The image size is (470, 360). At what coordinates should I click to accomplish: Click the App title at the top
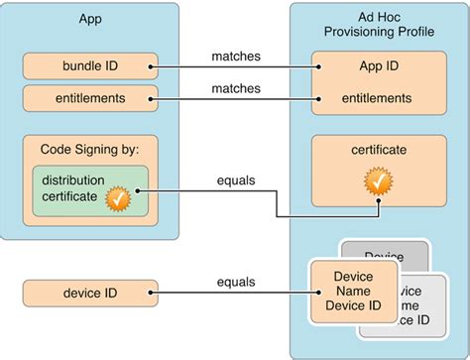90,20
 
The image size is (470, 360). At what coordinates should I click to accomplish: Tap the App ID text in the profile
378,68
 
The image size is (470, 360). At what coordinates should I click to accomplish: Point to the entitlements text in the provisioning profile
378,98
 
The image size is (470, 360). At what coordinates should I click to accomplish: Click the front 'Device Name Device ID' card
355,292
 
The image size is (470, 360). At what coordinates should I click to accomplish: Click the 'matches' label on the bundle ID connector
236,58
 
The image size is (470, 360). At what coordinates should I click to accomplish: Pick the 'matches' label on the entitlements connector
236,88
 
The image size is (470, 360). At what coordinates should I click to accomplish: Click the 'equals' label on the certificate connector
236,181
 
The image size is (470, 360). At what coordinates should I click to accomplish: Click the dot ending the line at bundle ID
152,68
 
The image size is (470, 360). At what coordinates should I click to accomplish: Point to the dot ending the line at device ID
152,293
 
